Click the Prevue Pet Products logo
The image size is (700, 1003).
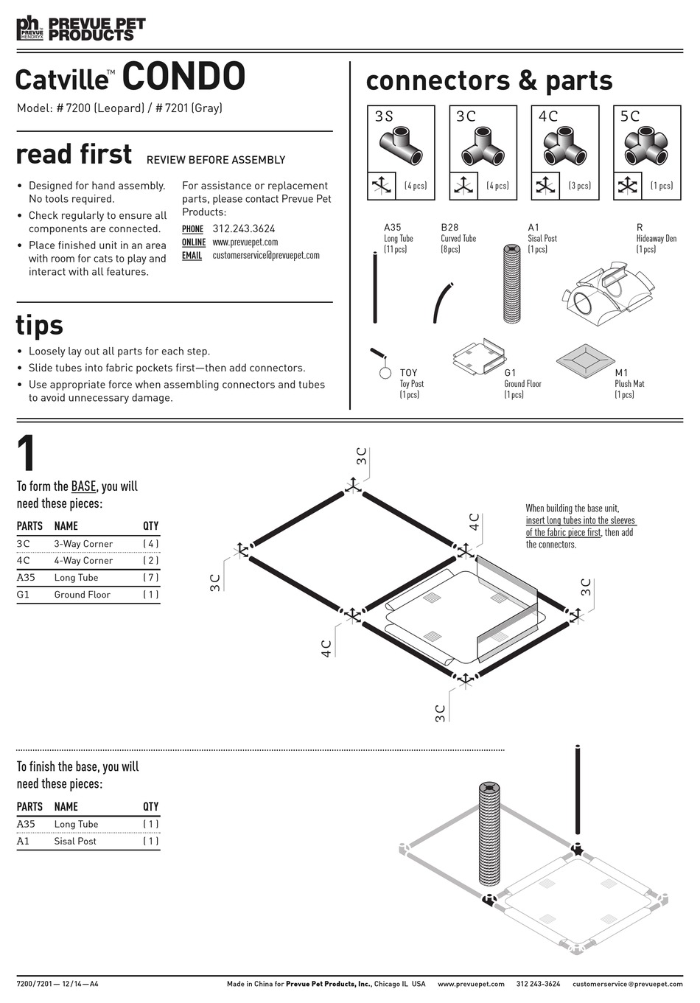click(x=81, y=29)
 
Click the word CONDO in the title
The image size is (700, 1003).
click(x=183, y=77)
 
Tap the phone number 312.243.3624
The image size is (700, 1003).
click(x=243, y=228)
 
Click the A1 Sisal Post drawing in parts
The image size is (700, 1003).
click(x=511, y=284)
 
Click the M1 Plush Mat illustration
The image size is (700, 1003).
click(x=585, y=360)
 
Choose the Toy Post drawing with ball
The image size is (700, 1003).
click(x=382, y=363)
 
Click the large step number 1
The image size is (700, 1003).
click(x=27, y=454)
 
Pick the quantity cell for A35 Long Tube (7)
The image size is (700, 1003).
click(x=150, y=578)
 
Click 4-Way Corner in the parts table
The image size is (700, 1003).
click(x=83, y=560)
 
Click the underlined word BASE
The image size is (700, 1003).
click(x=83, y=486)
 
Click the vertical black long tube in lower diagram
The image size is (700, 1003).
click(x=578, y=796)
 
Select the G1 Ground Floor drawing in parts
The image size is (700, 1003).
click(x=479, y=357)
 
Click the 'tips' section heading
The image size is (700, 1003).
click(x=40, y=325)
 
